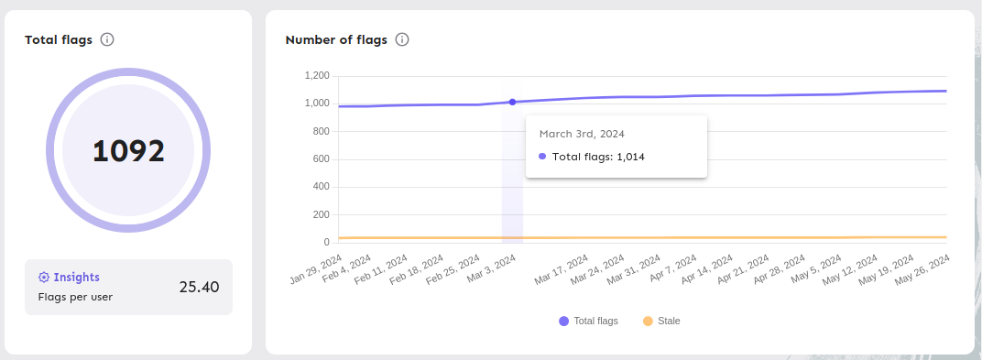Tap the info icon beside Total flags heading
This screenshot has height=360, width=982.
[x=107, y=39]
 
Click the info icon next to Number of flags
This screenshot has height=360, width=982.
[x=402, y=39]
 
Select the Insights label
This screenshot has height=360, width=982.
[x=76, y=277]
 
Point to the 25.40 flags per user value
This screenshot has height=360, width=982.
[x=199, y=287]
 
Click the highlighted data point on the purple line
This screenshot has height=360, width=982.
[x=512, y=102]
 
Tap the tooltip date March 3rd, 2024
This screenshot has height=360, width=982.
[x=582, y=134]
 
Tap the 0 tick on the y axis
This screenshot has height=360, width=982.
[x=326, y=242]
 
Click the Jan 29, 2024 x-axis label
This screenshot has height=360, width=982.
[x=318, y=269]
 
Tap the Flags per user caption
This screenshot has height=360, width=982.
[x=75, y=297]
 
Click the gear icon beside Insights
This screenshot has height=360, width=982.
[x=43, y=277]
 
